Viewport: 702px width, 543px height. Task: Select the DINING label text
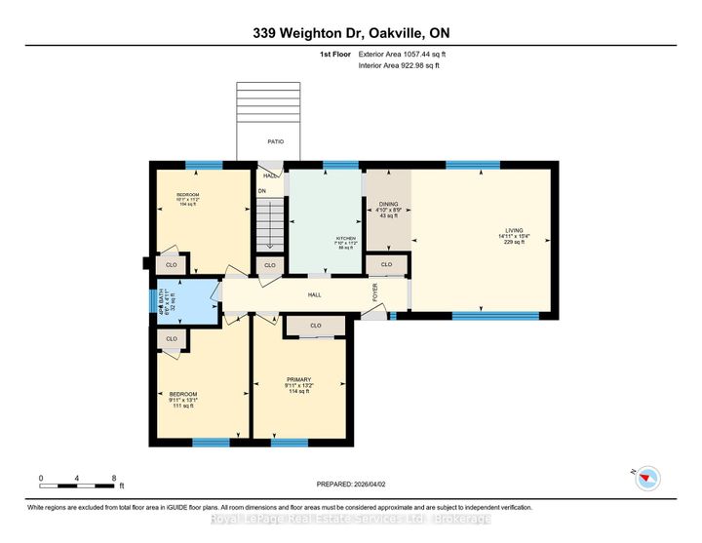click(387, 204)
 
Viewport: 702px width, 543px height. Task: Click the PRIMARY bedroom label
click(298, 379)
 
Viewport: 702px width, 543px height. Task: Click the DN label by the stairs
click(261, 191)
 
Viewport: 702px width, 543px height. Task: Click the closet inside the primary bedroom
click(315, 326)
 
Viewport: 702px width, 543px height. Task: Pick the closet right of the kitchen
click(386, 264)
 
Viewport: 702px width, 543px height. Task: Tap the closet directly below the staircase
click(270, 264)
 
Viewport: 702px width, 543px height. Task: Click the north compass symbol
click(647, 477)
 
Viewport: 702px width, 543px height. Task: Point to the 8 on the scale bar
click(114, 479)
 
